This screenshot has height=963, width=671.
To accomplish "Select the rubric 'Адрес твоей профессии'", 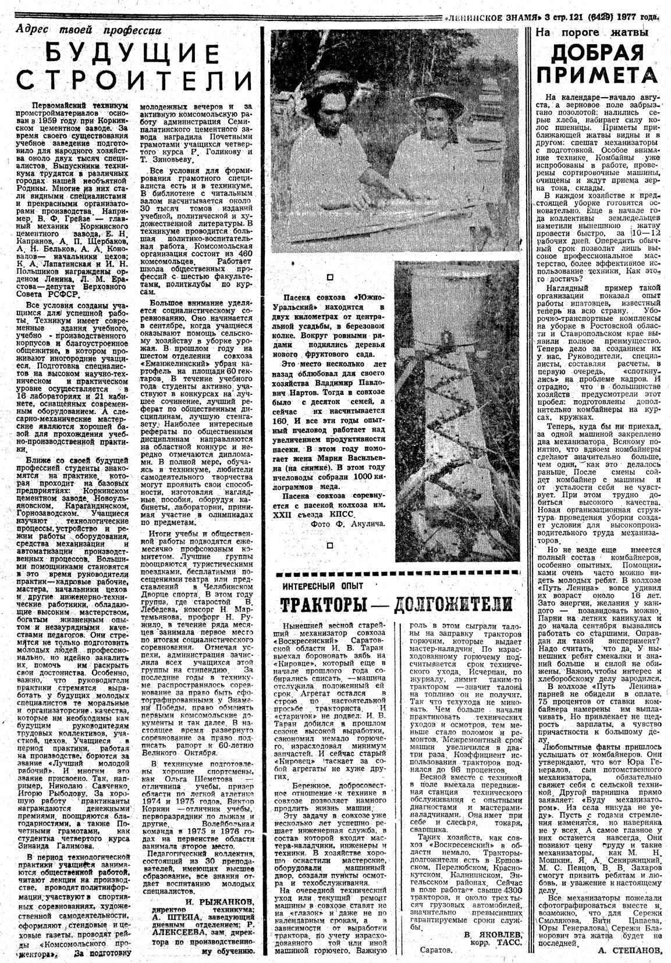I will coord(88,30).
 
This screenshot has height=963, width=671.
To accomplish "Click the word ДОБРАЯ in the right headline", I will coord(597,53).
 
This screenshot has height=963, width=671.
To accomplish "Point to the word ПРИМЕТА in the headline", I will coord(597,76).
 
